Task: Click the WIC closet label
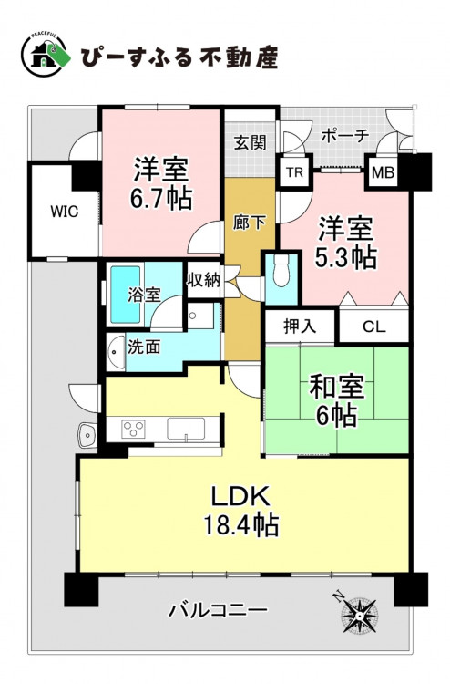point(65,212)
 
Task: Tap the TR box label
point(294,172)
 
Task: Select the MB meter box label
point(383,173)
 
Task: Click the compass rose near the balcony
point(359,614)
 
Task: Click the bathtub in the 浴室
point(125,295)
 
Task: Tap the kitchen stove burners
point(134,429)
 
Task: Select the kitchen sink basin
point(186,430)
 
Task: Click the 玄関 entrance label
point(250,142)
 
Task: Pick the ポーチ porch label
point(345,136)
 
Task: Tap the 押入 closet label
point(300,326)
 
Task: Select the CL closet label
point(373,326)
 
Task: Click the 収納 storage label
point(204,281)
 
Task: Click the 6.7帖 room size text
point(161,199)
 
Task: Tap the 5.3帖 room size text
point(346,257)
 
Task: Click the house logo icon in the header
point(46,56)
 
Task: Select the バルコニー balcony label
point(218,610)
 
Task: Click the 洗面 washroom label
point(144,347)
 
